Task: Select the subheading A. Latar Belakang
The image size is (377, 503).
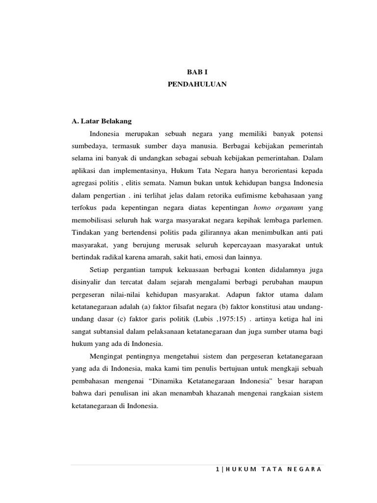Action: click(x=101, y=121)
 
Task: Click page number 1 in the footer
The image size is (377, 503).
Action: click(x=217, y=469)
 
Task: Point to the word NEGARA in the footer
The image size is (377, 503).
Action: click(x=305, y=469)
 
